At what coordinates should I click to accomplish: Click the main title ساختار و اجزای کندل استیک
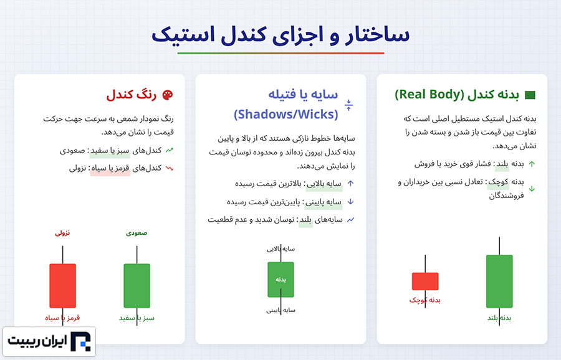(280, 35)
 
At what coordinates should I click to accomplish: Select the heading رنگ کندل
(132, 95)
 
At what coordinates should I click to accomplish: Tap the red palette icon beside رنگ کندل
(168, 95)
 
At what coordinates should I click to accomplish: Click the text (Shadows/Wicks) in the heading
(286, 115)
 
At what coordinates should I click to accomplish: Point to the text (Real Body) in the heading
(429, 95)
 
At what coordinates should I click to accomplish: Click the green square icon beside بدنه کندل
(530, 95)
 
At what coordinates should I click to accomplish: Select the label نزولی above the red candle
(62, 233)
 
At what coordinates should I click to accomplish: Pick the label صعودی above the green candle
(137, 233)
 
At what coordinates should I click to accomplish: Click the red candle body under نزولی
(62, 286)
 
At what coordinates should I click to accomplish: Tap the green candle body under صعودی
(137, 286)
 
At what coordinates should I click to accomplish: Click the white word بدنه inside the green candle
(281, 279)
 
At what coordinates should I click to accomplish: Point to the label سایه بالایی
(281, 249)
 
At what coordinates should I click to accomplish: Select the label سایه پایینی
(281, 310)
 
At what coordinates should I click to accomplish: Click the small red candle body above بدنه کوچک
(425, 282)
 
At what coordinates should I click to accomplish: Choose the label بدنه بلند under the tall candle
(499, 318)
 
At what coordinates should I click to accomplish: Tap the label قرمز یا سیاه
(62, 318)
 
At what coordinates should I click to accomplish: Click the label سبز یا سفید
(137, 318)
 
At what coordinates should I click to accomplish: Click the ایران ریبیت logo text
(37, 341)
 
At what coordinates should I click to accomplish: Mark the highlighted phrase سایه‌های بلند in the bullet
(320, 219)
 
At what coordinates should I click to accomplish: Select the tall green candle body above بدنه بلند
(499, 282)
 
